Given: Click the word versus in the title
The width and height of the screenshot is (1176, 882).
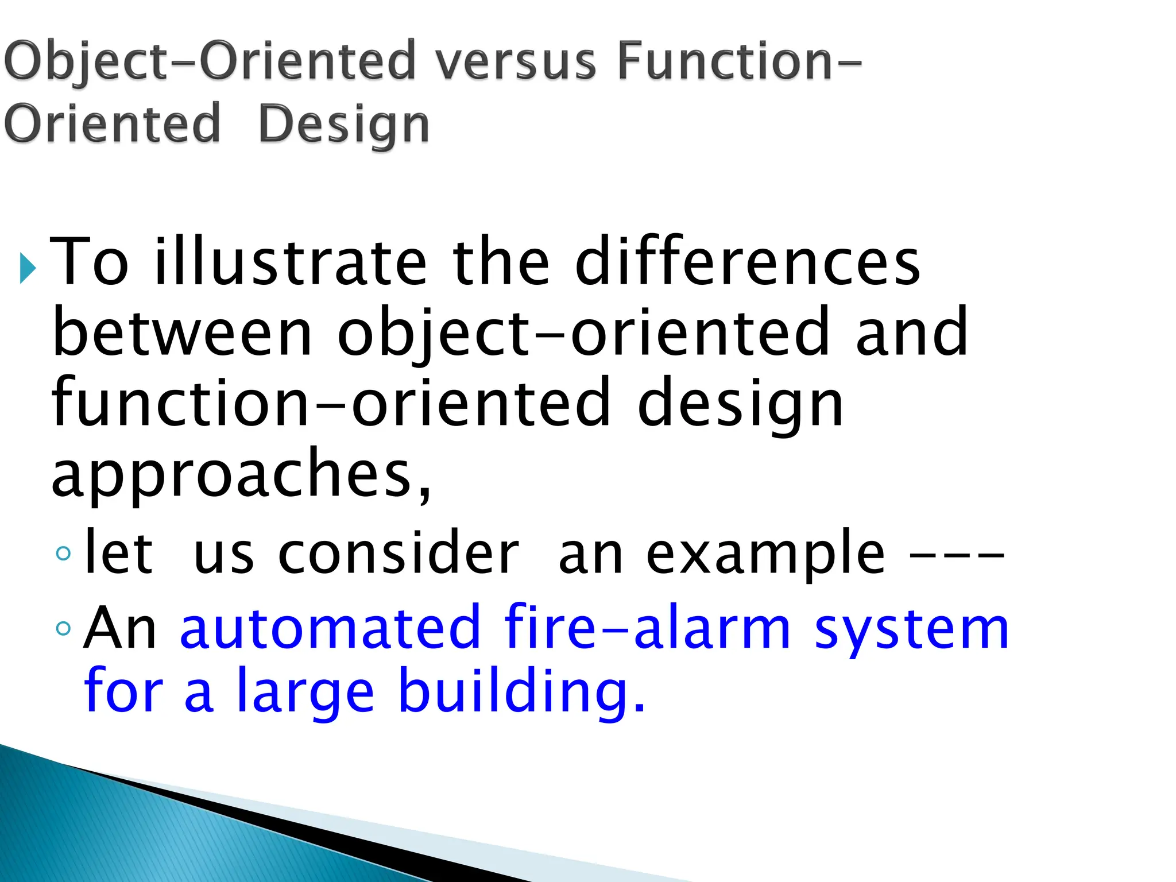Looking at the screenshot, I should [x=515, y=61].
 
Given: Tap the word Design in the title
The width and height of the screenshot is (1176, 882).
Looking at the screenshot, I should [x=343, y=124].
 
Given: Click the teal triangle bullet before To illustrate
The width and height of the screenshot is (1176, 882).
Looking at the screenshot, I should [x=27, y=268].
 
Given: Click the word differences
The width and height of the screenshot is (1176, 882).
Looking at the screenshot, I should [x=748, y=262].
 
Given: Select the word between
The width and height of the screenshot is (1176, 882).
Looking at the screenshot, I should [x=182, y=332].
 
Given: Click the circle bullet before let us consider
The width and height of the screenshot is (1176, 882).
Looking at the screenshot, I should [x=64, y=554].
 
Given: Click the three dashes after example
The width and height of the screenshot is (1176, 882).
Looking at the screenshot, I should [x=957, y=556].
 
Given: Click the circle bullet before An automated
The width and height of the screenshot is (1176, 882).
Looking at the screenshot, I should [x=64, y=629].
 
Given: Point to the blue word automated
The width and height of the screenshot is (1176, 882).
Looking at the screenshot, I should [x=330, y=628].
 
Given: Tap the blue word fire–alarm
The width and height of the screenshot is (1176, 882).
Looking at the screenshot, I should [x=648, y=628].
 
